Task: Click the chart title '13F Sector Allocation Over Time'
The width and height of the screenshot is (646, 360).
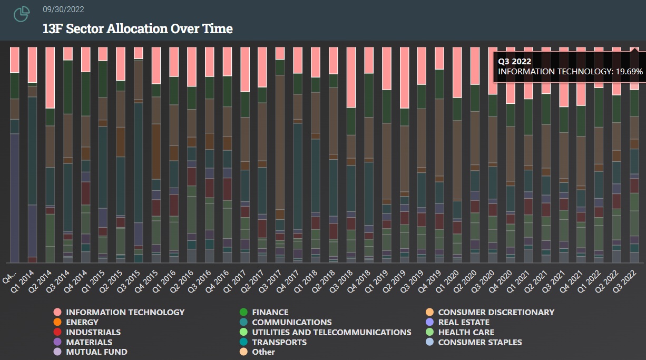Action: point(138,28)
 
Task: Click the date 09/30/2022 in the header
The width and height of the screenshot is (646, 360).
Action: point(63,9)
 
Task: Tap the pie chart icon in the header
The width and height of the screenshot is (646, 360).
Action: point(22,15)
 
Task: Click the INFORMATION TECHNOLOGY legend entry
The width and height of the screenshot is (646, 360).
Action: point(125,313)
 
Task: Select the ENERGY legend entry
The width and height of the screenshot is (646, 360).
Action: point(82,322)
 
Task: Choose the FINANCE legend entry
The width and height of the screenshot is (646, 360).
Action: point(270,313)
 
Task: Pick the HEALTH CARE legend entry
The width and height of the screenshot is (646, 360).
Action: point(466,333)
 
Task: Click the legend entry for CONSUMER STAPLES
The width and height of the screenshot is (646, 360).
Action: point(479,343)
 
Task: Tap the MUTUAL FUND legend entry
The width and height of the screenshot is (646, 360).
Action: point(96,352)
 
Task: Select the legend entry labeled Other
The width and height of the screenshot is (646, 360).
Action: point(263,352)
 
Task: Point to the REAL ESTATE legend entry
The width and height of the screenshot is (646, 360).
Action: point(464,323)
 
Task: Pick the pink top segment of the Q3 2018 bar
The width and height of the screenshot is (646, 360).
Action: point(351,77)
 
